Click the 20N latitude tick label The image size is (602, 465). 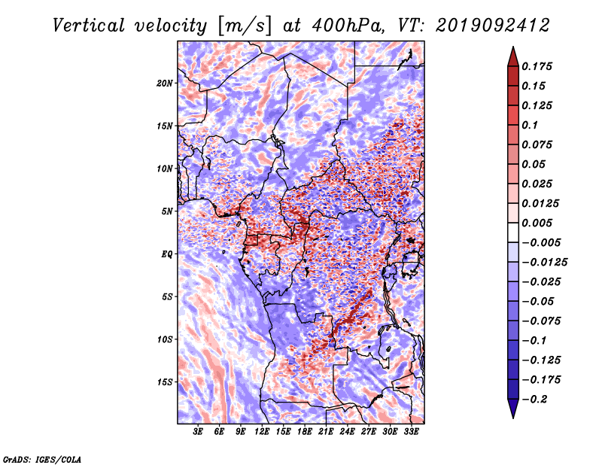(x=165, y=84)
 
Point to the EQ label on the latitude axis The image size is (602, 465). (x=167, y=254)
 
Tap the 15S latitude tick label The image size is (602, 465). (x=165, y=382)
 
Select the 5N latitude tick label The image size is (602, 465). (x=167, y=211)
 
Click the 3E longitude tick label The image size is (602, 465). (x=198, y=432)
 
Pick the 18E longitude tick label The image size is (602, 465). (x=305, y=432)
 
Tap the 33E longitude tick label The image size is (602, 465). (x=411, y=432)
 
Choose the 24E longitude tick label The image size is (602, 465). (x=347, y=432)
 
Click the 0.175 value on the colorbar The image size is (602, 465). (x=537, y=66)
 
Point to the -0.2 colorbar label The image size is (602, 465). (x=534, y=400)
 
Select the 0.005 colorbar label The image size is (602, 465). (x=537, y=223)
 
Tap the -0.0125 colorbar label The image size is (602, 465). (x=544, y=263)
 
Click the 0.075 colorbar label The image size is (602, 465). (x=537, y=144)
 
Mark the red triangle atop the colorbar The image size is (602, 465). (x=513, y=57)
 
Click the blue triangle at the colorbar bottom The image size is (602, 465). (x=513, y=409)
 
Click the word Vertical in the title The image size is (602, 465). (x=88, y=26)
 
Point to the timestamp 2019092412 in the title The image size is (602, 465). (x=493, y=26)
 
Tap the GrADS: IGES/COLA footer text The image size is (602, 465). (x=42, y=459)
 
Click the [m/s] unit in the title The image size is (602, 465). (x=244, y=26)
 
